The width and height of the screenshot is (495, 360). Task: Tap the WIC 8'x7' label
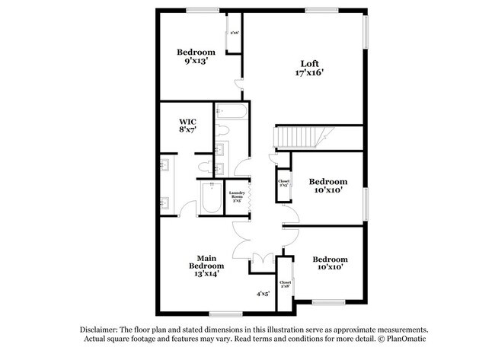pos(188,126)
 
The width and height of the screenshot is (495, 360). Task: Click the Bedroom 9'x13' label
pos(196,57)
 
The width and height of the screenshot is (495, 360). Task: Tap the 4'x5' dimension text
pos(263,293)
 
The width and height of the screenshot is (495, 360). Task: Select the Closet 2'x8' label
pos(285,285)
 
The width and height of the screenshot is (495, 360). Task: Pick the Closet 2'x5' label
pos(283,183)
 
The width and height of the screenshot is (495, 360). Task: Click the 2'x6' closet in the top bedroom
pos(235,33)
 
